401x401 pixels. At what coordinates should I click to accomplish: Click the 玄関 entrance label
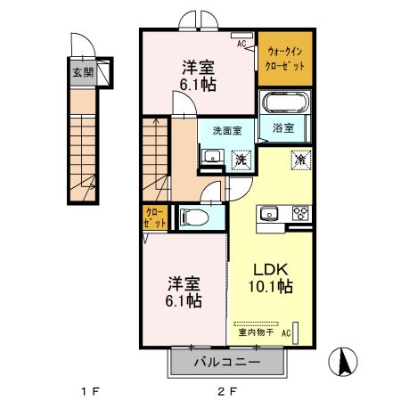pyautogui.click(x=82, y=73)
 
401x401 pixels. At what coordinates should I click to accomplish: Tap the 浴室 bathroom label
pyautogui.click(x=284, y=127)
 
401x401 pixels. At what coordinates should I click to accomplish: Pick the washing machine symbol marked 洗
pyautogui.click(x=239, y=160)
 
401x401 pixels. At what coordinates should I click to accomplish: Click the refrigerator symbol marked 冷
pyautogui.click(x=299, y=160)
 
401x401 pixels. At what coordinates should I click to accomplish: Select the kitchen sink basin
pyautogui.click(x=268, y=213)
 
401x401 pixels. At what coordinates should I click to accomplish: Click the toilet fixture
pyautogui.click(x=194, y=217)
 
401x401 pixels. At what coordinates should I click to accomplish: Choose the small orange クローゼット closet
pyautogui.click(x=154, y=217)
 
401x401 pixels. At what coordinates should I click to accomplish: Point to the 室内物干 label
pyautogui.click(x=256, y=333)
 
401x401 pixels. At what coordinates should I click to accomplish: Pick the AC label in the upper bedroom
pyautogui.click(x=241, y=41)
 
